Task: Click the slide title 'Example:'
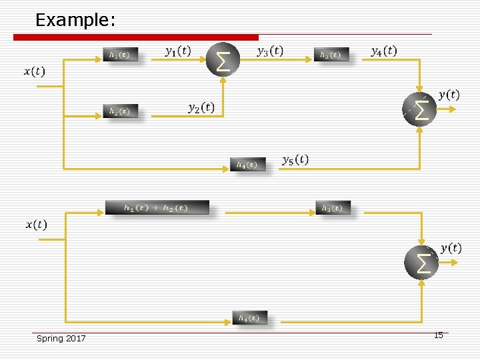click(x=75, y=20)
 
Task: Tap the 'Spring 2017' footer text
click(x=61, y=339)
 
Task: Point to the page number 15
click(x=438, y=335)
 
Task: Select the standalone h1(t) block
click(x=120, y=55)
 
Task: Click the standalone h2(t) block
click(x=120, y=111)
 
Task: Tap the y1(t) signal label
click(x=178, y=51)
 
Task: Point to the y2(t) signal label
click(x=201, y=107)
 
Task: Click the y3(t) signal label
click(x=270, y=51)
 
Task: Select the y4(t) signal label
click(x=383, y=51)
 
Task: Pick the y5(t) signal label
click(x=295, y=159)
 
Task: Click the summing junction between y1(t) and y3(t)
click(x=223, y=59)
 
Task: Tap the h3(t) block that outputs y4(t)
click(x=331, y=55)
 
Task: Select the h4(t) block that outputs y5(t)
click(x=247, y=165)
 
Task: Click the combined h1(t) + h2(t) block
click(x=157, y=208)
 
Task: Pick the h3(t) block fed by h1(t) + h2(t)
click(x=332, y=209)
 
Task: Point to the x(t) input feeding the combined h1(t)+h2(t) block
click(x=37, y=225)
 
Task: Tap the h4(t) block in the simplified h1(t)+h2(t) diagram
click(x=249, y=318)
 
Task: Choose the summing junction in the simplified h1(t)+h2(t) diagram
click(x=421, y=263)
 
